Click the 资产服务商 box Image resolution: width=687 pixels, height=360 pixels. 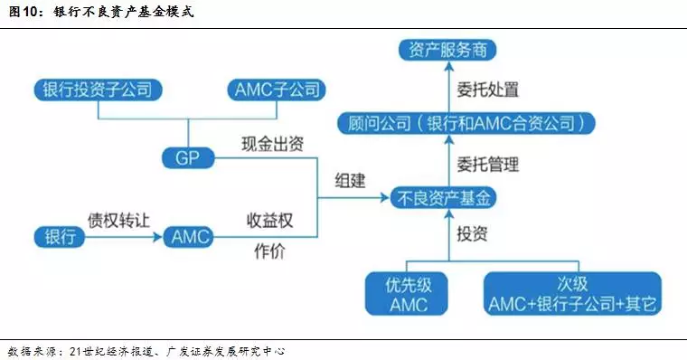point(447,51)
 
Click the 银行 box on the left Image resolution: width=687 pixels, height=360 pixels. point(60,237)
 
